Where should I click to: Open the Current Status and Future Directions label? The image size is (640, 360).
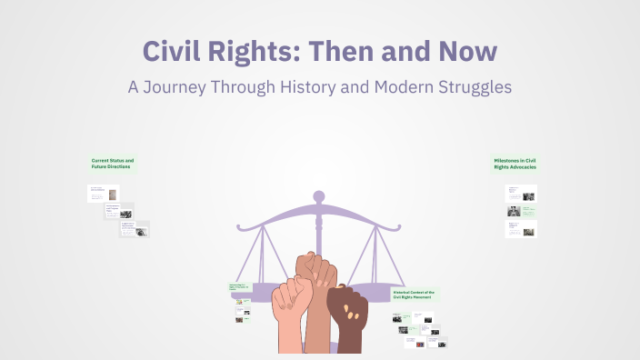(x=113, y=164)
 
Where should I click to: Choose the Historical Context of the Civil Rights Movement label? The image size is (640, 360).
(x=414, y=295)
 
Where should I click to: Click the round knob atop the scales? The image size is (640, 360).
(x=318, y=195)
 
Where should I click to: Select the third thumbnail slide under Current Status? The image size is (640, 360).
(x=135, y=229)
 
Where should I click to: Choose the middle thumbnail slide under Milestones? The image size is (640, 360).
(x=521, y=211)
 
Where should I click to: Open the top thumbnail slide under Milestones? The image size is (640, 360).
(x=521, y=193)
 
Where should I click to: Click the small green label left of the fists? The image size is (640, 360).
(x=239, y=287)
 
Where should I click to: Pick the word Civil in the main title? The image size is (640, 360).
(x=178, y=51)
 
